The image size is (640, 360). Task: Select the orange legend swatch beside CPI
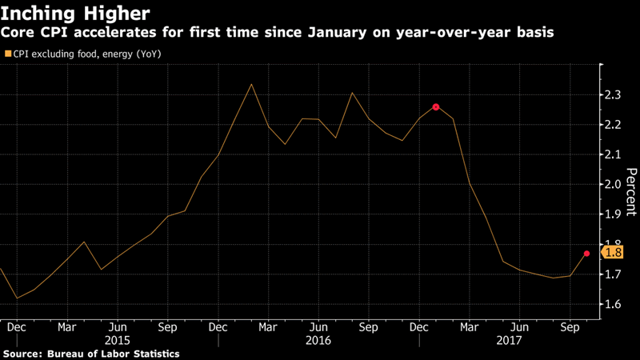click(x=8, y=54)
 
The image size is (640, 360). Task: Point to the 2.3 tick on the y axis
click(x=615, y=95)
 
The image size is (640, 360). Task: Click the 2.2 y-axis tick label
click(x=615, y=125)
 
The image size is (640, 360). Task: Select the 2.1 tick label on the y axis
click(x=615, y=155)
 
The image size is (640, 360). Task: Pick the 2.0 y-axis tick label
click(x=615, y=185)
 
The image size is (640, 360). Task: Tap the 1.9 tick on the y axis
click(x=615, y=214)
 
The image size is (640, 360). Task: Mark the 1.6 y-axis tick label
click(x=615, y=304)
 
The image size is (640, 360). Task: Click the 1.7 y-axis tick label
click(x=615, y=274)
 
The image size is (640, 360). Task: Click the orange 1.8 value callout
click(x=613, y=253)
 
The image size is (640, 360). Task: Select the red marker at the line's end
click(x=587, y=254)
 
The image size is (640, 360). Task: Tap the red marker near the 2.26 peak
click(x=436, y=106)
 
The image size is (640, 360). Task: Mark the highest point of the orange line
click(x=252, y=84)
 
